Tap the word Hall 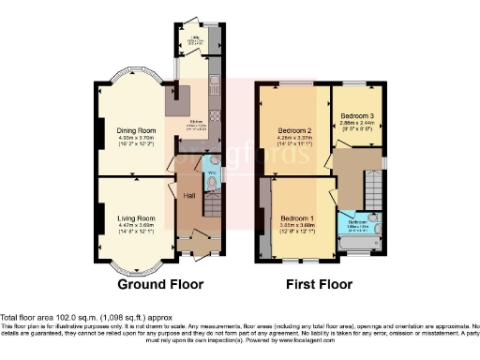(188, 196)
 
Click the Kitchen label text (198, 122)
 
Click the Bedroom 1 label (301, 217)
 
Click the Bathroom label (357, 222)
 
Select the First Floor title (318, 283)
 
